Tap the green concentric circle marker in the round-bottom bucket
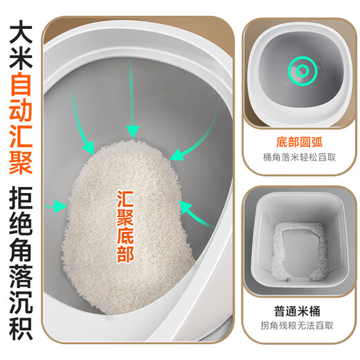coord(301,72)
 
